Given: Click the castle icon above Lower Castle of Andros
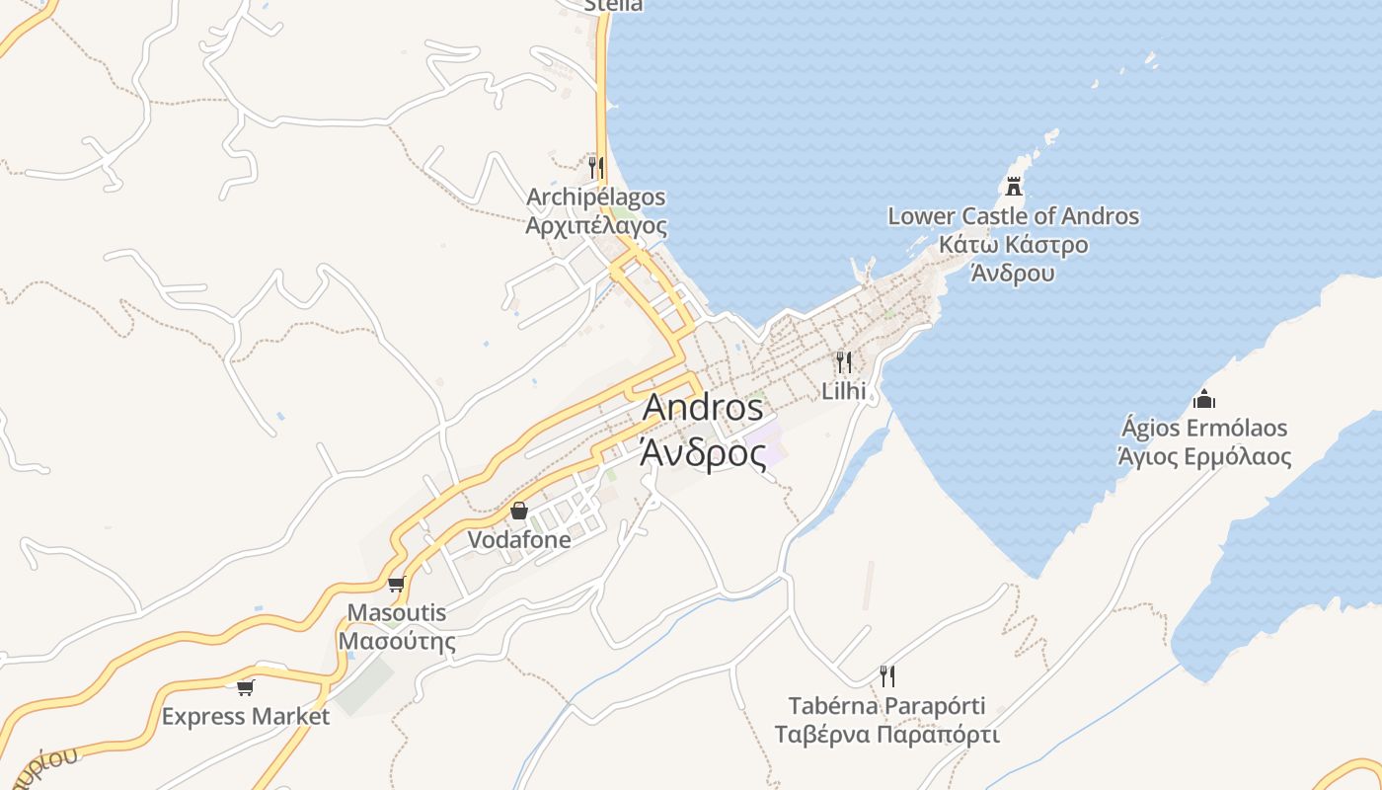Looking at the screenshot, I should click(x=1014, y=186).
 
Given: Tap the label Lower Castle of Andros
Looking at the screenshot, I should click(x=1014, y=216).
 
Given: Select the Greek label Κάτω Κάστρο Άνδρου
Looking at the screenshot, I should click(x=1014, y=258).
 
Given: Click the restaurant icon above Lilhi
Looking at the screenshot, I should click(x=844, y=361).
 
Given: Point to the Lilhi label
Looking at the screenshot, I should click(x=844, y=391).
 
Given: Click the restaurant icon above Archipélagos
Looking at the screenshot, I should click(x=595, y=167).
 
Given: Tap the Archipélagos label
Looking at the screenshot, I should click(x=595, y=197).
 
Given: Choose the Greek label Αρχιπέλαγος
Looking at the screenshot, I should click(x=595, y=226).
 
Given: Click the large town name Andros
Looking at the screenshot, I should click(x=703, y=408).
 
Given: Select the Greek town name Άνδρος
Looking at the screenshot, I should click(x=703, y=453).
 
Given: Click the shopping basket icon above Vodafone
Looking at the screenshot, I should click(x=519, y=511).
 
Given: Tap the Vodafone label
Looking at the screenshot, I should click(x=519, y=540).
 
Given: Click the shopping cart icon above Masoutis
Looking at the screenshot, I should click(x=397, y=584).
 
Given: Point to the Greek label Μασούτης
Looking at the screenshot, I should click(x=397, y=641).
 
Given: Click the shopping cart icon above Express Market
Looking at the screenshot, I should click(x=245, y=687).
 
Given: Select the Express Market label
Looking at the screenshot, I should click(x=245, y=716).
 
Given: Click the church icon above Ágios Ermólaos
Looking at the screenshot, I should click(x=1203, y=399).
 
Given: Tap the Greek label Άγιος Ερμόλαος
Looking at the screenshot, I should click(x=1203, y=457).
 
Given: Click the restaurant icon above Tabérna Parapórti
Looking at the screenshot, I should click(x=887, y=676).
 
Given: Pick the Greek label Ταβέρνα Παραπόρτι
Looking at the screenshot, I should click(x=887, y=735).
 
